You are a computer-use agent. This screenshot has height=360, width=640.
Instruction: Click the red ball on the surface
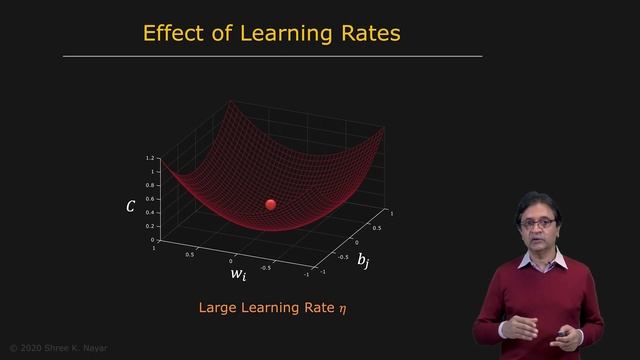(270, 204)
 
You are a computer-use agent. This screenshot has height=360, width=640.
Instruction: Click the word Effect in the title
(174, 33)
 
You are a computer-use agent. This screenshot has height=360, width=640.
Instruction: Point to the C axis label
(130, 207)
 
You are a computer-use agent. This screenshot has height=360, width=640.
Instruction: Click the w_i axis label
(239, 271)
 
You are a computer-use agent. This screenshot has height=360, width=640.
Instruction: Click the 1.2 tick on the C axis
(149, 159)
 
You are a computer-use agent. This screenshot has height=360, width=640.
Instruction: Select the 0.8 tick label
(149, 185)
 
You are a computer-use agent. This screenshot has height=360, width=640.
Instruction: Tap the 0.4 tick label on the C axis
(149, 212)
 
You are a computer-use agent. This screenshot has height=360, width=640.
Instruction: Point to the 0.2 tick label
(149, 226)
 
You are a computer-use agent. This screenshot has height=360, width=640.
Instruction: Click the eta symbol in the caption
(341, 310)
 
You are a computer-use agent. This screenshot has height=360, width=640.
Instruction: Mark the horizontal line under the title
(272, 56)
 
